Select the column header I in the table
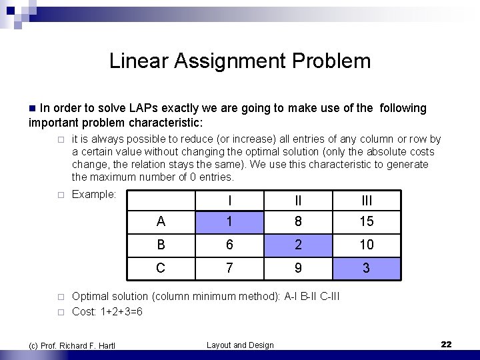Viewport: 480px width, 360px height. [229, 201]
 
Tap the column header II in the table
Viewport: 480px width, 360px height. [298, 201]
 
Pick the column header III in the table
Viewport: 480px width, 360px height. [366, 201]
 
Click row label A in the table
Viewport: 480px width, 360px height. [161, 221]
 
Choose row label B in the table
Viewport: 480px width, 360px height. [161, 245]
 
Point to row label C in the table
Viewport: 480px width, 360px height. [161, 269]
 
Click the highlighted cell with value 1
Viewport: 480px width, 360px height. [229, 221]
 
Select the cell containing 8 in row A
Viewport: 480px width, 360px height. [298, 221]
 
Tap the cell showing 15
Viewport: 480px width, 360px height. [366, 221]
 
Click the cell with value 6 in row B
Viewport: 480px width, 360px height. [229, 245]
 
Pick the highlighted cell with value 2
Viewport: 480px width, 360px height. [298, 245]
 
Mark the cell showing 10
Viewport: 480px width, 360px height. [366, 245]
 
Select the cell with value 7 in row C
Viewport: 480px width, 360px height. [229, 269]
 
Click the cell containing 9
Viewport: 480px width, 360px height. [298, 269]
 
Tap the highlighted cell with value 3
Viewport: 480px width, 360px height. [366, 269]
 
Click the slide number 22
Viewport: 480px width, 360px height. [446, 344]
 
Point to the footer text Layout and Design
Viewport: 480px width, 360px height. [240, 345]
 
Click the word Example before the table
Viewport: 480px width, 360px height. [93, 194]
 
